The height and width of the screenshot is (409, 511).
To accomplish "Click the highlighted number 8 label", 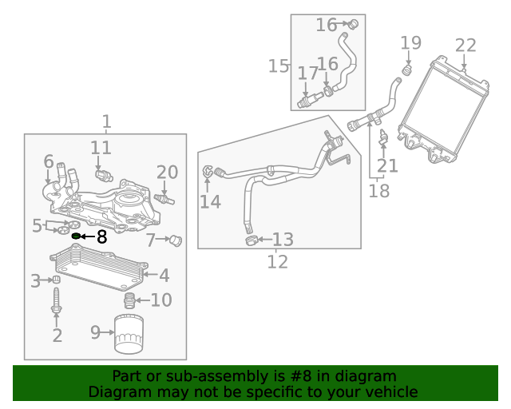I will tap(101, 236).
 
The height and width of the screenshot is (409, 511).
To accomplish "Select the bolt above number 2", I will tap(57, 302).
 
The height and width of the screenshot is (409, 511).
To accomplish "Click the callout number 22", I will tap(465, 46).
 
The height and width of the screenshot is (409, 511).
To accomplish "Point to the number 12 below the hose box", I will tap(277, 260).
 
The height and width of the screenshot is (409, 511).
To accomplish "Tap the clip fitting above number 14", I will tap(210, 171).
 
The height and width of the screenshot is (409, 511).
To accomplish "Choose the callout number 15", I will tap(279, 66).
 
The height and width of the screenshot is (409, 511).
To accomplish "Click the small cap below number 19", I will tap(406, 71).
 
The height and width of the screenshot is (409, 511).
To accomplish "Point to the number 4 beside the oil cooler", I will tap(164, 276).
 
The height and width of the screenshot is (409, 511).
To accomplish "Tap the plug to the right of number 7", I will tap(177, 240).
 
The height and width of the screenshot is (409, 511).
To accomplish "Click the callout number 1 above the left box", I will tap(106, 122).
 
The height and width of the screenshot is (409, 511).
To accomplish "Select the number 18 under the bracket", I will tap(379, 191).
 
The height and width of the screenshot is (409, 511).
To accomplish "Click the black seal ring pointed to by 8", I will tap(77, 236).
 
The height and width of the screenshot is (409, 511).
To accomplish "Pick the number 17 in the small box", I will tap(308, 73).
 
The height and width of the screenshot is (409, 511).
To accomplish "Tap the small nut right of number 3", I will tap(57, 280).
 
